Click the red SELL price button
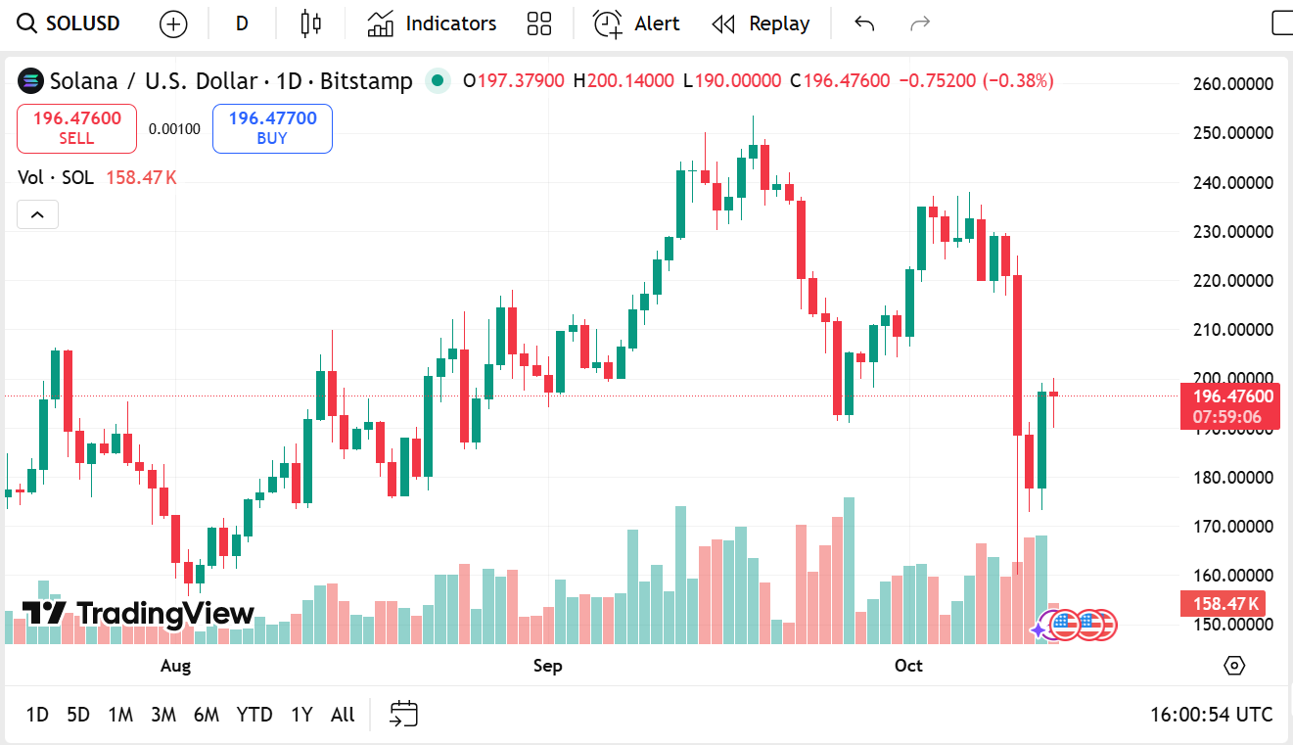tap(76, 128)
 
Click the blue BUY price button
tap(272, 128)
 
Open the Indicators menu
tap(432, 23)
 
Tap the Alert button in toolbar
tap(636, 23)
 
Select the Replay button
tap(761, 23)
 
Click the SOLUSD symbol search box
tap(70, 23)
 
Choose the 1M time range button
tap(120, 715)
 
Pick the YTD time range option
tap(254, 715)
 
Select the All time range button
tap(343, 715)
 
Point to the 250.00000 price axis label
tap(1232, 133)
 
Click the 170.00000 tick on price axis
tap(1232, 527)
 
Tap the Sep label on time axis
tap(548, 666)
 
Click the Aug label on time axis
tap(175, 666)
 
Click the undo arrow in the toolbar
tap(863, 23)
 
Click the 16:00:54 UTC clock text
tap(1211, 715)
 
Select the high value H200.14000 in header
tap(623, 80)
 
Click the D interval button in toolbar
tap(242, 23)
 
